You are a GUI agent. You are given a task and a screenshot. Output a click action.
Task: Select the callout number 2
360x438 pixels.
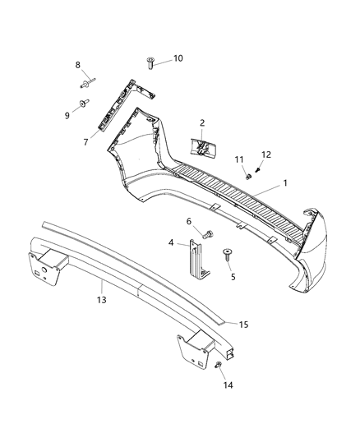pos(201,122)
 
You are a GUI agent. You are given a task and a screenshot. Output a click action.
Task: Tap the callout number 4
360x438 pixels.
pos(170,243)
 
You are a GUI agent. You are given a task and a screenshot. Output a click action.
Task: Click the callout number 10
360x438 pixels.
pos(178,59)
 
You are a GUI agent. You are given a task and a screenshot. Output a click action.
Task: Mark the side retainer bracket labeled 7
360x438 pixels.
pos(115,103)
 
